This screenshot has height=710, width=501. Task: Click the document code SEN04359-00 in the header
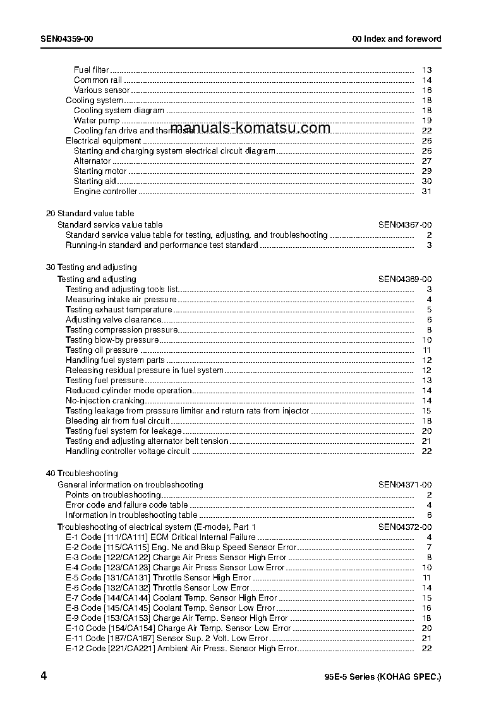coord(67,39)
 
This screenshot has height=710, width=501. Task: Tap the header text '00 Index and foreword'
coord(397,39)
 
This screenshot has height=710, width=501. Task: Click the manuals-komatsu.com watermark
coord(250,128)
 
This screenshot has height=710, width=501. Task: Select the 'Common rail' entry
coord(98,80)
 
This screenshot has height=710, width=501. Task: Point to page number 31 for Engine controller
coord(426,192)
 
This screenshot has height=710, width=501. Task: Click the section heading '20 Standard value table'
coord(90,214)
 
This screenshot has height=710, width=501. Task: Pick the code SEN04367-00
coord(405,224)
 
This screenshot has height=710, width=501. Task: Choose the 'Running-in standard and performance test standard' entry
coord(162,245)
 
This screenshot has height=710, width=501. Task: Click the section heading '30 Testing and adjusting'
coord(91,267)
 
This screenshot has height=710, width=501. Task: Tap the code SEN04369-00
coord(405,279)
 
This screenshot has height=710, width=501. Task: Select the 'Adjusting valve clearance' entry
coord(114,320)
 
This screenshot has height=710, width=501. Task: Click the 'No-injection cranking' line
coord(105,401)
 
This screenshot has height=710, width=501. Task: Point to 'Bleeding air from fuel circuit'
coord(118,421)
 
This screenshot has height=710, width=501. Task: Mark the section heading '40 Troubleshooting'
coord(81,474)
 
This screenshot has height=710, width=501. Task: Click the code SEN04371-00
coord(405,485)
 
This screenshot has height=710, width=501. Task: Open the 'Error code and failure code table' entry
coord(126,505)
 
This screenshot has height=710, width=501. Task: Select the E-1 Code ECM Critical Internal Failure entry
coord(160,537)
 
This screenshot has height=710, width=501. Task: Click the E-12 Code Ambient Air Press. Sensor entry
coord(181,649)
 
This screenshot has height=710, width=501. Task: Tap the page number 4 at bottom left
coord(44,676)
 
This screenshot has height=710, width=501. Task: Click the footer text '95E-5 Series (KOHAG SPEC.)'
coord(378,677)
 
